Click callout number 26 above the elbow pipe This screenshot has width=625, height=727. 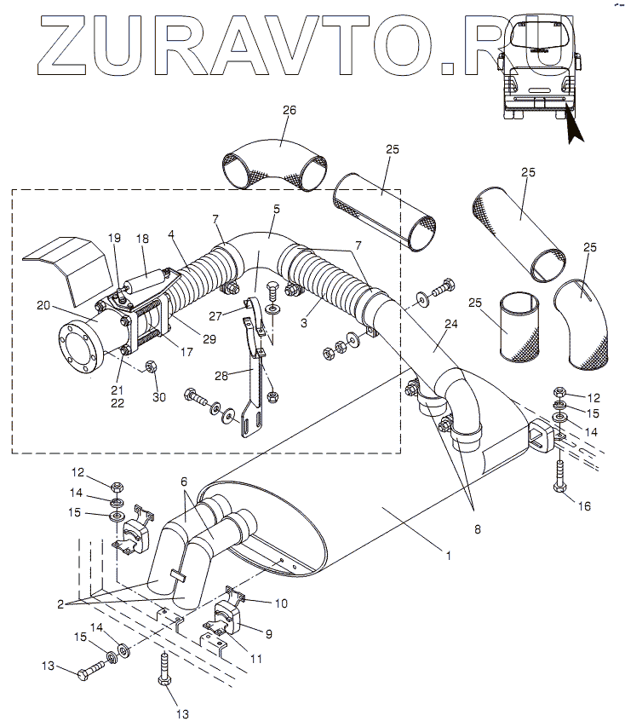[290, 111]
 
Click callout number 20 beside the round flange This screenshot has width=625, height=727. [43, 305]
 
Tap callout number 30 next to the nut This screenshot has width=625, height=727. [158, 397]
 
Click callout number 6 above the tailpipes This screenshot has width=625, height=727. [184, 482]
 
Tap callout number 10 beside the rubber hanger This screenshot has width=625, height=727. [280, 603]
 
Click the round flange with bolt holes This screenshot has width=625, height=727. [81, 349]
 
